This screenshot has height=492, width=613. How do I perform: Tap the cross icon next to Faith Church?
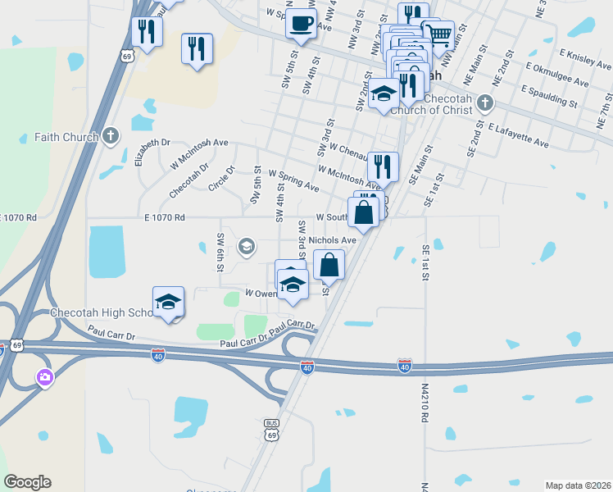pyautogui.click(x=113, y=136)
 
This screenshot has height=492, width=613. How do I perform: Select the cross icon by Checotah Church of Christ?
pyautogui.click(x=485, y=102)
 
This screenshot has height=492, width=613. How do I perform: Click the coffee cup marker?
pyautogui.click(x=301, y=22)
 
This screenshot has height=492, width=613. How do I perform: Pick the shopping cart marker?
pyautogui.click(x=438, y=34)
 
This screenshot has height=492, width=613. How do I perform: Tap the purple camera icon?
pyautogui.click(x=44, y=377)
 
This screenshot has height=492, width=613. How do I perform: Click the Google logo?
pyautogui.click(x=27, y=482)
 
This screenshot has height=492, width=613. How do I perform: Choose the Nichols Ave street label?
pyautogui.click(x=333, y=240)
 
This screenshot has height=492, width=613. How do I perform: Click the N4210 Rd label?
pyautogui.click(x=425, y=402)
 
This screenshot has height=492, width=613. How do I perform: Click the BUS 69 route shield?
pyautogui.click(x=271, y=430)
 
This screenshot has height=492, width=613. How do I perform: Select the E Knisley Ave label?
pyautogui.click(x=586, y=57)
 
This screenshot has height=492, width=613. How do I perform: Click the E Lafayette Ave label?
pyautogui.click(x=518, y=135)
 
